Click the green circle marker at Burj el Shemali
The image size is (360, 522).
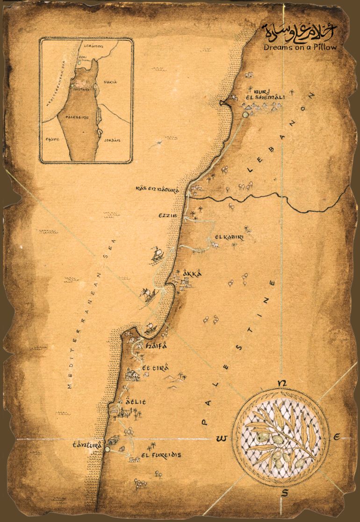tap(245, 114)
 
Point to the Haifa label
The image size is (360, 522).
tap(156, 346)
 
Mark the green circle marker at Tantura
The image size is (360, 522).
tap(107, 449)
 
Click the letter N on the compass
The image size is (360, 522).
tap(281, 384)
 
